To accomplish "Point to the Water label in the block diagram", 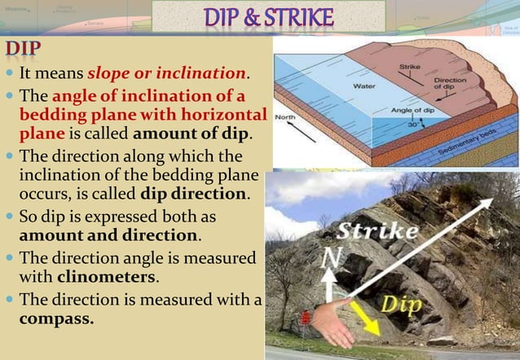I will point(363,85).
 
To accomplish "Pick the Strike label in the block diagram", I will point(411,67).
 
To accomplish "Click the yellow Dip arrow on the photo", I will point(365,319).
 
